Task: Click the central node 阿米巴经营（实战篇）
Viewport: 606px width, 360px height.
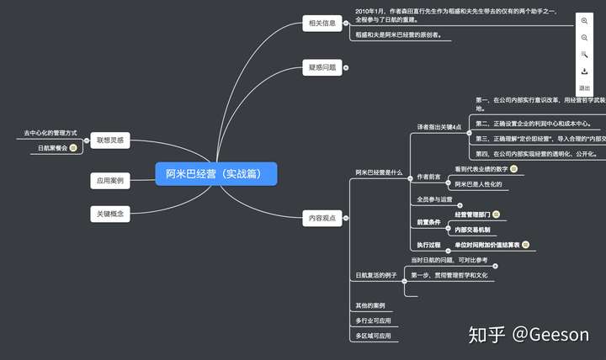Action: click(215, 174)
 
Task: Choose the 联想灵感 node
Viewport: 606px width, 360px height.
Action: click(110, 141)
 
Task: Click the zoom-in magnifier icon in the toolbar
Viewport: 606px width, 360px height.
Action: click(584, 21)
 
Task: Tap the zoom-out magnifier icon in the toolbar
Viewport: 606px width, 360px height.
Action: click(584, 38)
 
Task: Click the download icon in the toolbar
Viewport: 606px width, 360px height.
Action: click(584, 71)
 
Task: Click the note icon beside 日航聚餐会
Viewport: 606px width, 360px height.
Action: click(73, 148)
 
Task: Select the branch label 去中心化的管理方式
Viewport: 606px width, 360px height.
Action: click(50, 133)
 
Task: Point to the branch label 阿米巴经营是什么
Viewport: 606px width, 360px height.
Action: click(379, 172)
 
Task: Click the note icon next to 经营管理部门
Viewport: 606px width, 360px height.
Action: click(497, 214)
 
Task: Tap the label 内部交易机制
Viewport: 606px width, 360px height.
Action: click(473, 229)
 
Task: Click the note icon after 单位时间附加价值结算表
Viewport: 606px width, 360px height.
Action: click(525, 245)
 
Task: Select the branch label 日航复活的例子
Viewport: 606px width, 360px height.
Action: click(375, 275)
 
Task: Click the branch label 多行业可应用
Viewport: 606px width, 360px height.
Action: click(374, 320)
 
